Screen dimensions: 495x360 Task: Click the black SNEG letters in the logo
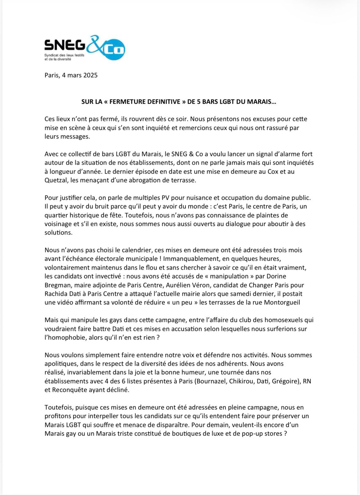pyautogui.click(x=65, y=45)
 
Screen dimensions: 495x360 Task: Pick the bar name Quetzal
pyautogui.click(x=56, y=180)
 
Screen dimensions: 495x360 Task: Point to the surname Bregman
pyautogui.click(x=56, y=285)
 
